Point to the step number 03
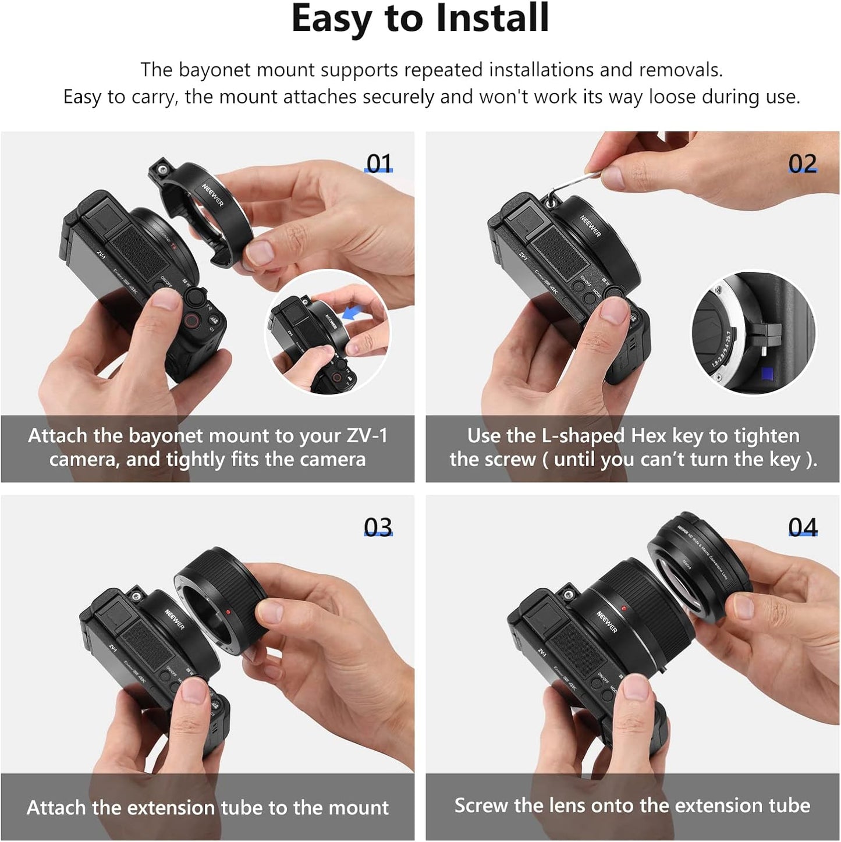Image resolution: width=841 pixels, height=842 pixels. point(378,527)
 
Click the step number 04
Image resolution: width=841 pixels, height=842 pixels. point(803,527)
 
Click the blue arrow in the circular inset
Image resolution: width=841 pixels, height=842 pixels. point(352,314)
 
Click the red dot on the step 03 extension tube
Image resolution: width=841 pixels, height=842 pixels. point(228,612)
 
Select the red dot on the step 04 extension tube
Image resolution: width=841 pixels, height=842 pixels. point(624,609)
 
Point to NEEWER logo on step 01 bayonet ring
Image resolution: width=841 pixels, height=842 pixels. point(212,194)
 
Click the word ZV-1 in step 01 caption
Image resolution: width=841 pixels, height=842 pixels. point(367,436)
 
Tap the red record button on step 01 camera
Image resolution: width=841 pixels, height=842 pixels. point(191,319)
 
